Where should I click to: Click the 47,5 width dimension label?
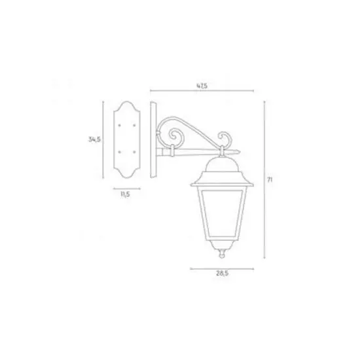[202, 86]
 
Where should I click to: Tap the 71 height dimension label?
[270, 180]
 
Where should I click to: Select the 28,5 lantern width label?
[223, 274]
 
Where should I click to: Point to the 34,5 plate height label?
[95, 139]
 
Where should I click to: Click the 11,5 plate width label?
[126, 194]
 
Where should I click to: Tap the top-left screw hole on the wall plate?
[119, 126]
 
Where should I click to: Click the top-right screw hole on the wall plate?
[134, 126]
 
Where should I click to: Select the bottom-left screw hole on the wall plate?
[119, 152]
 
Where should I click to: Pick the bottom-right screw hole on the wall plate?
[134, 152]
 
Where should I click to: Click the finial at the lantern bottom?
[222, 253]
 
